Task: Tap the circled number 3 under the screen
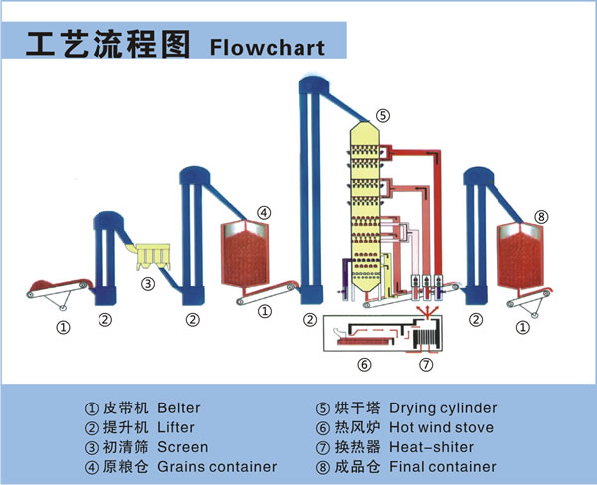[x=147, y=284]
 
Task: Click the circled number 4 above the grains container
[x=263, y=212]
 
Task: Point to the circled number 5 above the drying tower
[x=383, y=114]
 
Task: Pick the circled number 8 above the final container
[x=541, y=216]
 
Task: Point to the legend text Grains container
[x=217, y=467]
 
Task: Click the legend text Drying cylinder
[x=443, y=408]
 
